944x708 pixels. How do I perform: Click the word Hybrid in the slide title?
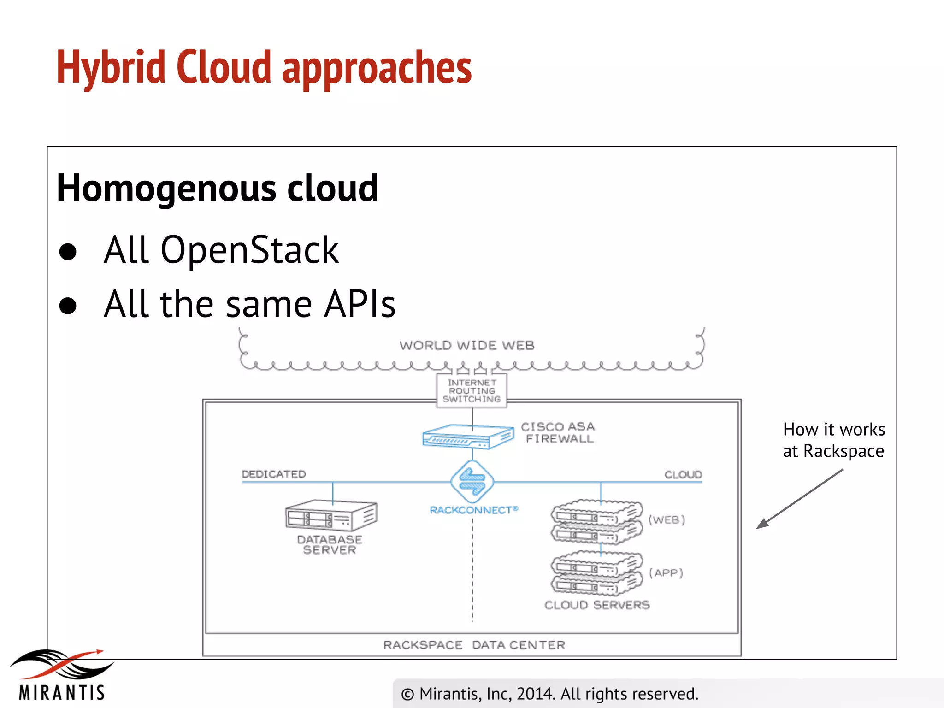point(111,68)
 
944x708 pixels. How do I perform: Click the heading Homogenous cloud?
point(217,188)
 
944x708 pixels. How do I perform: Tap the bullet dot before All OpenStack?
point(68,252)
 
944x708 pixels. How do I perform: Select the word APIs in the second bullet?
point(360,304)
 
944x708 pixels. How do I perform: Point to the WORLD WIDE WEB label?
point(466,345)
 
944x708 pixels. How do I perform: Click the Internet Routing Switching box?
point(472,391)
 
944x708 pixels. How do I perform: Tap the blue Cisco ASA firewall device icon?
point(467,437)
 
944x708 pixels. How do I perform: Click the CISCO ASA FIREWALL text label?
point(558,432)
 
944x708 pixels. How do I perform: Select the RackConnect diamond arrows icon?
point(472,482)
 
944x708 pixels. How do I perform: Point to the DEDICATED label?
point(273,474)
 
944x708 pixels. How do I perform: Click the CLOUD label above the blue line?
point(683,474)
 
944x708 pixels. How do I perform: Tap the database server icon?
point(331,515)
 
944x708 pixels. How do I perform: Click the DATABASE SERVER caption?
point(330,544)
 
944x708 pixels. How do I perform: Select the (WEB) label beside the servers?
point(667,519)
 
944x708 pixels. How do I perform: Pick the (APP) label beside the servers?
point(666,572)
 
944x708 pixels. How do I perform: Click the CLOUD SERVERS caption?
point(597,605)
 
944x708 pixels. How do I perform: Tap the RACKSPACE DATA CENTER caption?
point(474,644)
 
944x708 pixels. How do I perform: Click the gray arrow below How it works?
point(800,499)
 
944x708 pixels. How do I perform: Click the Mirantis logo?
point(62,674)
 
